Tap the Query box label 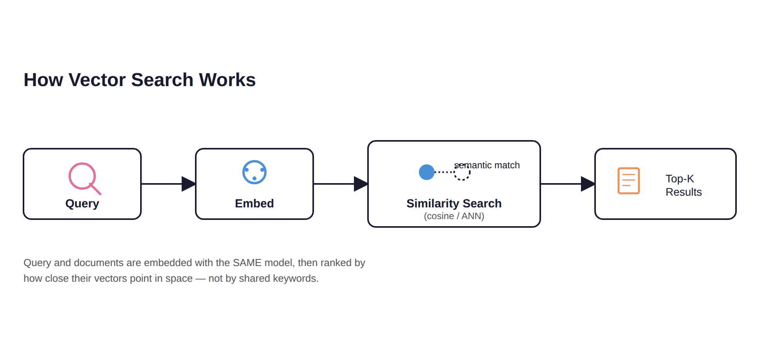coord(82,203)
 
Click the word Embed coord(254,203)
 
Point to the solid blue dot coord(427,172)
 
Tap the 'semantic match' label coord(487,165)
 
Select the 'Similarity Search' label coord(454,203)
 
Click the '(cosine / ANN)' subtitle coord(454,216)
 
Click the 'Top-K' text coord(680,179)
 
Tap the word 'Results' coord(684,192)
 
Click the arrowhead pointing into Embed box coord(189,184)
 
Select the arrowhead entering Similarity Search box coord(361,184)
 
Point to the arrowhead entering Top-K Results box coord(588,184)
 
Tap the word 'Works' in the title coord(227,80)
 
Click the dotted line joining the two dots coord(444,172)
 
